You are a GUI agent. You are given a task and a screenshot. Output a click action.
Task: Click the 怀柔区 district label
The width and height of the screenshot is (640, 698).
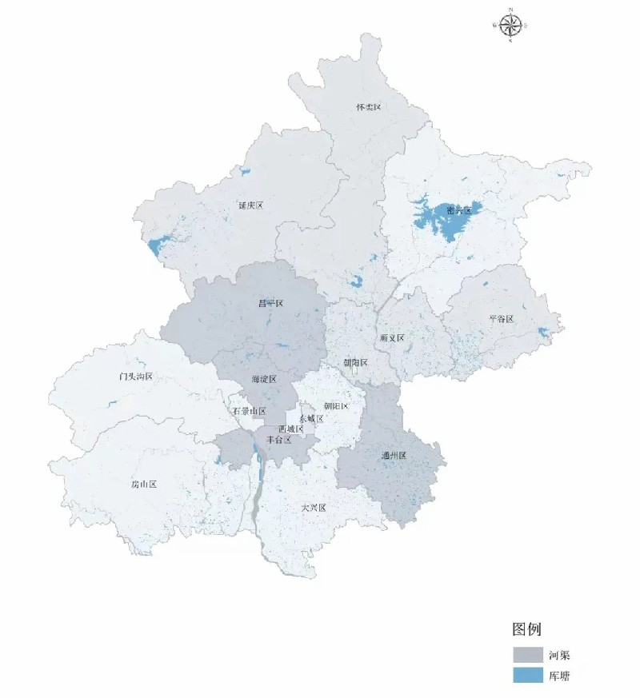[370, 106]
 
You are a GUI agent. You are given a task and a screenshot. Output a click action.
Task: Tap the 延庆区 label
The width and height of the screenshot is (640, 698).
[250, 205]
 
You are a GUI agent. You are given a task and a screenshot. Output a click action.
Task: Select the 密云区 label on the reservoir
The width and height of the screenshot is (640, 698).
[458, 210]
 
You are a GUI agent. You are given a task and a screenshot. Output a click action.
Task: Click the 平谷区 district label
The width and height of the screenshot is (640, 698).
[501, 319]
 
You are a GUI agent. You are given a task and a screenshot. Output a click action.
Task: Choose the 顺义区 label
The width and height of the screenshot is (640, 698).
[392, 338]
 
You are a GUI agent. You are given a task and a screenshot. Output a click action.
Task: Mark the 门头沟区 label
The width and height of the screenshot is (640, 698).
[135, 376]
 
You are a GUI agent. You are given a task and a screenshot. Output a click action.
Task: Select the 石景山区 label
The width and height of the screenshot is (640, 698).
[249, 411]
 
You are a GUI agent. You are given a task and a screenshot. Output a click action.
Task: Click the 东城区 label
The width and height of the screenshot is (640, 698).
[311, 418]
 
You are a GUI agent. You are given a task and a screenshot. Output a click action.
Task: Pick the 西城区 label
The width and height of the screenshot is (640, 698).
[291, 429]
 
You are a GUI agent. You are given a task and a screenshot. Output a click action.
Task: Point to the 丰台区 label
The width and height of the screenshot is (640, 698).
[278, 440]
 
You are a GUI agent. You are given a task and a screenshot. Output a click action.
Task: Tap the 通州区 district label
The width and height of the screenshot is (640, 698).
[394, 455]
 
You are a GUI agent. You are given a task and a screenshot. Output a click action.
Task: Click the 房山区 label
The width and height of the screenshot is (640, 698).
[144, 485]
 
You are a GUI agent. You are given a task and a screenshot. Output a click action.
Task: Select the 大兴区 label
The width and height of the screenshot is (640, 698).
[314, 508]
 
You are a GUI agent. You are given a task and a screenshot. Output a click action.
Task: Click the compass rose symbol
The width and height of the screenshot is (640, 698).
[510, 25]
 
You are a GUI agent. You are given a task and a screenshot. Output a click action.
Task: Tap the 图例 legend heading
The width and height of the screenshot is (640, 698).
[528, 628]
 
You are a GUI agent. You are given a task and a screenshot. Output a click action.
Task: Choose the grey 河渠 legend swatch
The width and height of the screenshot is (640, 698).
[526, 655]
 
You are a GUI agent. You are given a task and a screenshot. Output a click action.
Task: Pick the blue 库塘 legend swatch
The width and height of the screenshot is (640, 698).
[526, 676]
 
